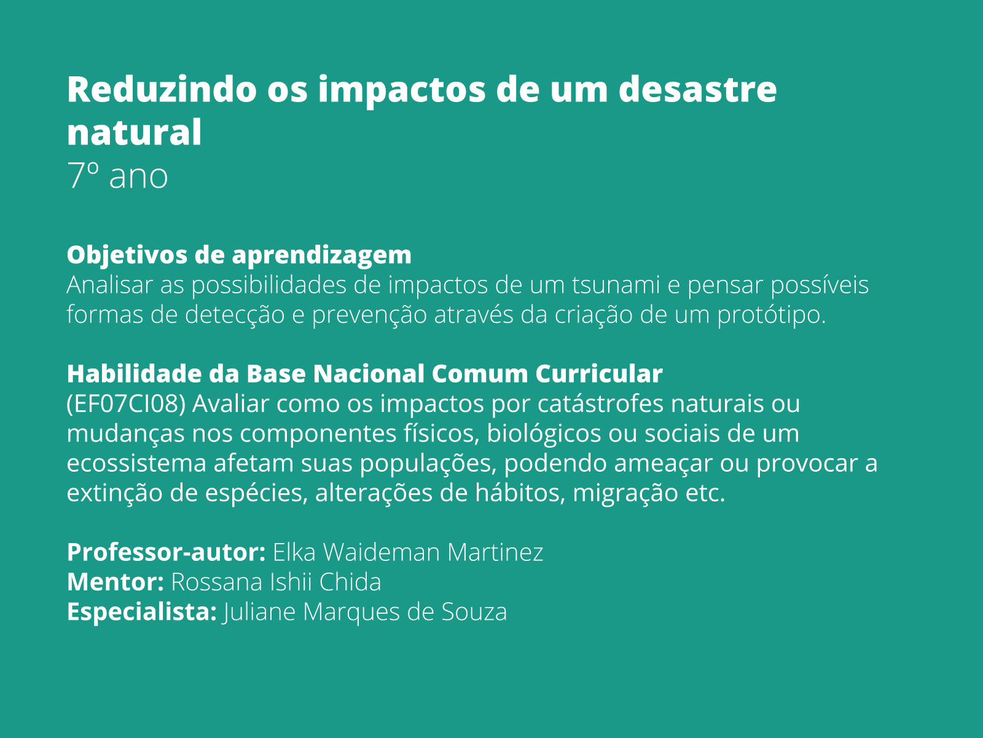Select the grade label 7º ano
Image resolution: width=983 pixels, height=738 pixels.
pos(117,176)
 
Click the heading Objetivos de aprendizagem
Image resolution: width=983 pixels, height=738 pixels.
pos(239,255)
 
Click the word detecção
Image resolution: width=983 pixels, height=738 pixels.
pos(235,314)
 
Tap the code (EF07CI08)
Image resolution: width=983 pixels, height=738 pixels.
pos(126,403)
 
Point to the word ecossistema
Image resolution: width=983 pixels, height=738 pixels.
pos(136,462)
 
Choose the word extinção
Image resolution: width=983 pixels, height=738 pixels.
pos(114,493)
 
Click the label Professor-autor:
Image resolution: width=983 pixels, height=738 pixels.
pos(166,552)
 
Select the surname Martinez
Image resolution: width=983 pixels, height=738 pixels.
pos(495,552)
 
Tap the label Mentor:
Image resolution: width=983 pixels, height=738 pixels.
pos(115,582)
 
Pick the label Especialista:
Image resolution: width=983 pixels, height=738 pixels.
pos(141,612)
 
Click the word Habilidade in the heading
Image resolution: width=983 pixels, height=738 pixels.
pos(135,373)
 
